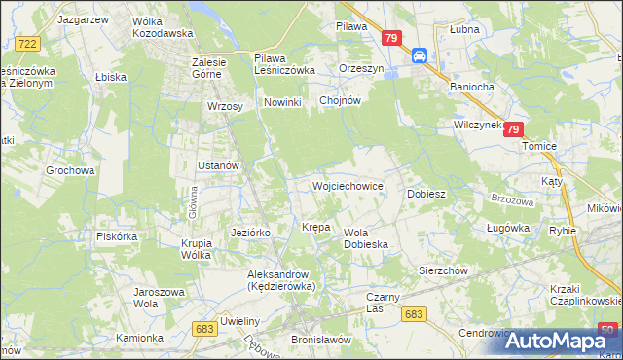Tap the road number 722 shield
coord(28,44)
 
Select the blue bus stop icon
coord(421,55)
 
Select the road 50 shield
coord(608,331)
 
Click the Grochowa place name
coord(70,170)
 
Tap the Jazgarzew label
coord(82,18)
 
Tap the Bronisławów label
coord(320,340)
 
